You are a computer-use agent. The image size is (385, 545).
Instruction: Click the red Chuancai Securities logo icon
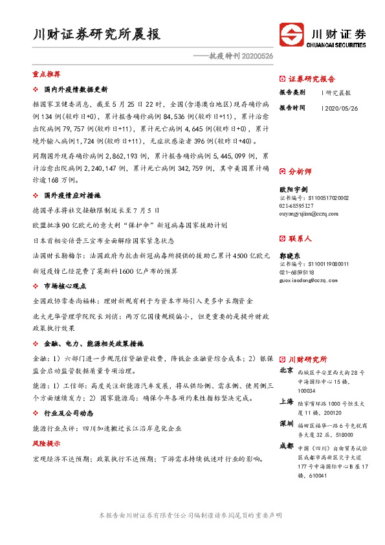click(x=291, y=34)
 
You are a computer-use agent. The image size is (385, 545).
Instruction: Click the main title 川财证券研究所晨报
click(x=96, y=34)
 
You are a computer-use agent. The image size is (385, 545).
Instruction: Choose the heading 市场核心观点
click(x=65, y=285)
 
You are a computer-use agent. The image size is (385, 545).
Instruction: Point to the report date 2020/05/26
click(x=339, y=108)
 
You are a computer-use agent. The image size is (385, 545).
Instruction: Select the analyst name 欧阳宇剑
click(x=293, y=189)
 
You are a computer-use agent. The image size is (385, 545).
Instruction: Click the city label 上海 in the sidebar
click(x=286, y=401)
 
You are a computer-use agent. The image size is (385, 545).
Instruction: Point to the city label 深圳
click(x=286, y=424)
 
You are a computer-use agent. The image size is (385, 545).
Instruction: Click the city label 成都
click(x=286, y=447)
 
